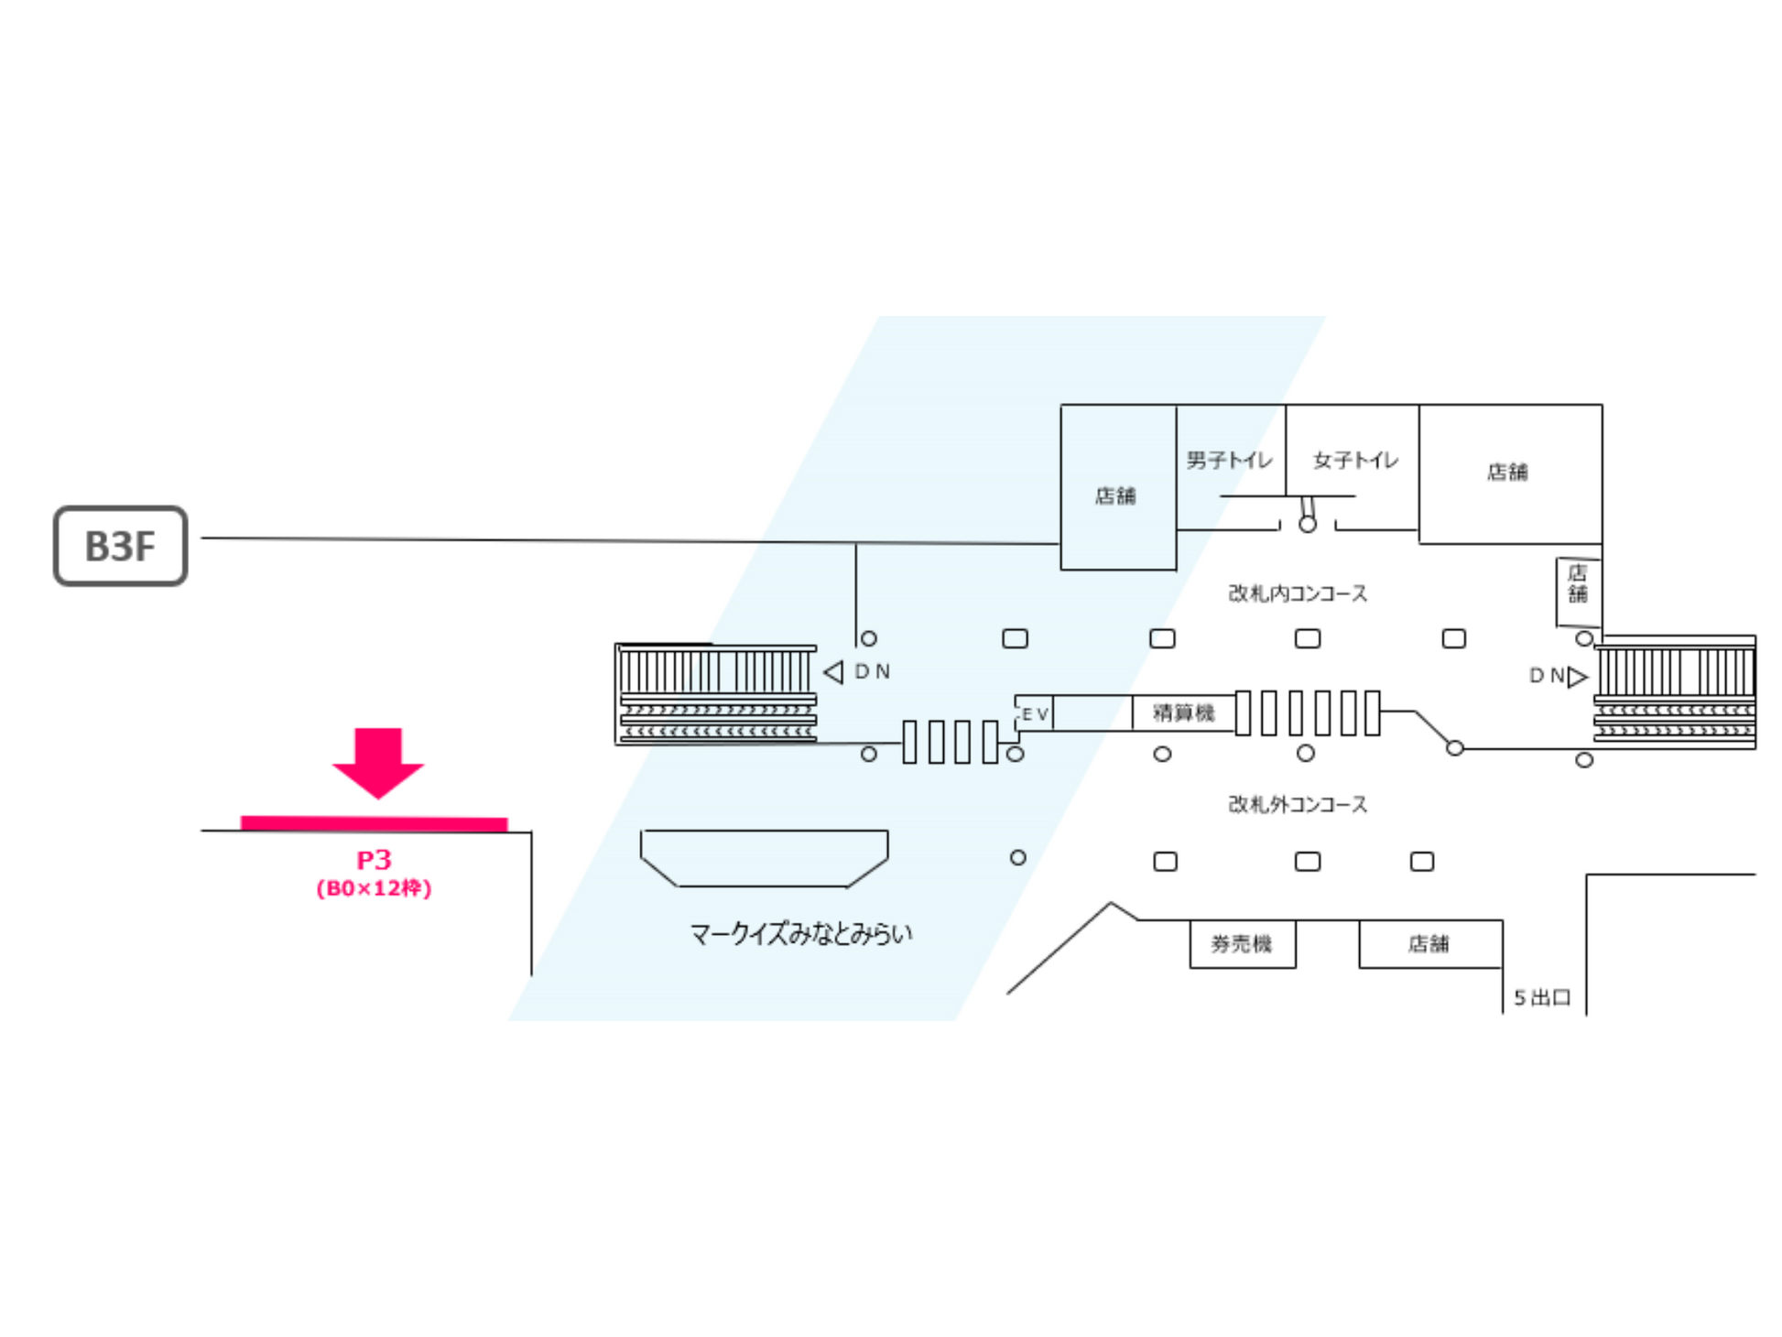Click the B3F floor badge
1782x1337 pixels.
(120, 546)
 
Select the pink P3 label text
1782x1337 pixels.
(374, 860)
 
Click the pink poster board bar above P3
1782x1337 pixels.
(374, 823)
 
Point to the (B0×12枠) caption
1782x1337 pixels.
(374, 888)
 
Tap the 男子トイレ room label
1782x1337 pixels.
(1229, 460)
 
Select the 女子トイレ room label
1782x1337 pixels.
(1355, 460)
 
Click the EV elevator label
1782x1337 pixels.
(1035, 713)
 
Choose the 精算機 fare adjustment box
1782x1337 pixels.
(1183, 712)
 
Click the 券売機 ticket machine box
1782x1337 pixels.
(1242, 943)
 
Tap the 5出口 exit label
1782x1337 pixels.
(1542, 997)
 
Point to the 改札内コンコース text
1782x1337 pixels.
(1298, 593)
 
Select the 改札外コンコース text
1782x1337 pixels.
(1298, 804)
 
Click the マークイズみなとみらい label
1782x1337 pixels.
(800, 933)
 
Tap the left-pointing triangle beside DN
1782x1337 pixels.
(833, 672)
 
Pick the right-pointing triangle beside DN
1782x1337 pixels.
(1577, 677)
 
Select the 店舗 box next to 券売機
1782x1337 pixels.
(1429, 943)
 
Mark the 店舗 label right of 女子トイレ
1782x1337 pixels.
(1507, 472)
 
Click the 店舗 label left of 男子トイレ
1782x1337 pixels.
(1115, 495)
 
